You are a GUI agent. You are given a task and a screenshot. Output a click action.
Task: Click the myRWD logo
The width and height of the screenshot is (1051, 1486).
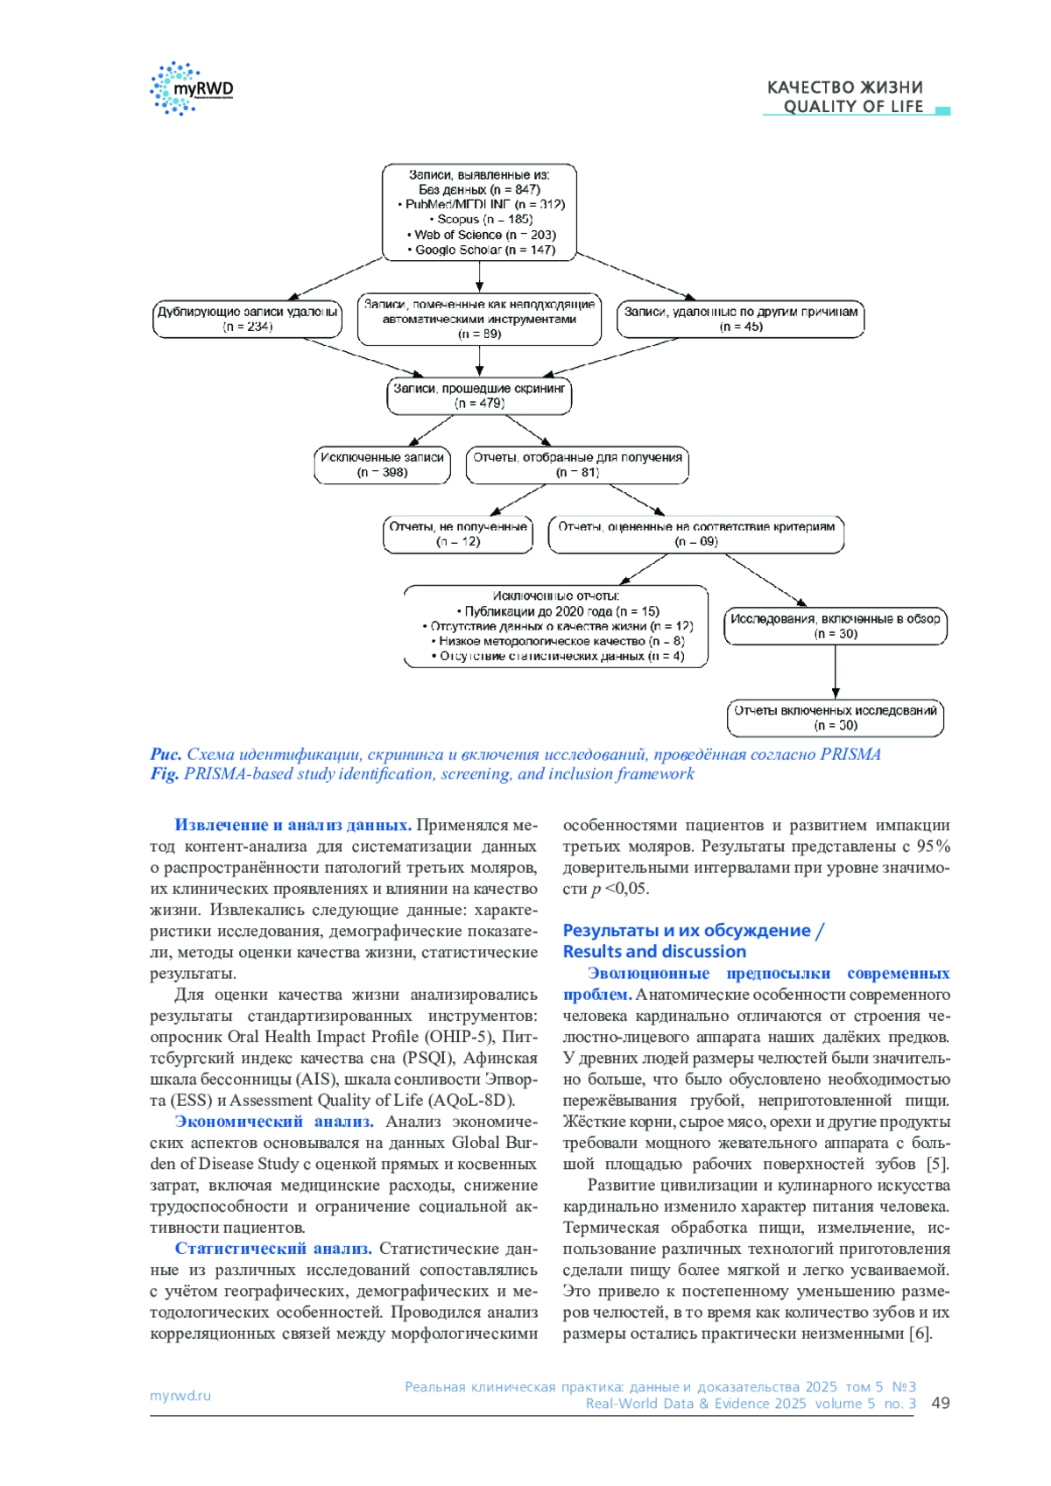tap(192, 88)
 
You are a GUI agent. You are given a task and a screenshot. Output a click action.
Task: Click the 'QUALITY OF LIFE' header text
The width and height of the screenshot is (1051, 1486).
tap(853, 107)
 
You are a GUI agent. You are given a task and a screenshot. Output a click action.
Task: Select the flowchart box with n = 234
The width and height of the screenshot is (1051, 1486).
tap(247, 319)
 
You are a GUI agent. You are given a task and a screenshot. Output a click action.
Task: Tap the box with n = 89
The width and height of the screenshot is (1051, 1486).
tap(479, 319)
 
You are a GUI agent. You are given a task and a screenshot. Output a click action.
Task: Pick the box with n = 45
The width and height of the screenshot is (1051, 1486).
tap(740, 319)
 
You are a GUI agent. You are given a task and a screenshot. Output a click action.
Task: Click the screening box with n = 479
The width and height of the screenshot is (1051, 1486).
tap(479, 396)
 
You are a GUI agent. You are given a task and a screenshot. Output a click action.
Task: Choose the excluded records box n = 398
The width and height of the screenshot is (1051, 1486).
tap(382, 465)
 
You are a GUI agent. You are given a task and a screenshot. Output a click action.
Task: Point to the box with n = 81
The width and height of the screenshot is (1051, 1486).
tap(577, 465)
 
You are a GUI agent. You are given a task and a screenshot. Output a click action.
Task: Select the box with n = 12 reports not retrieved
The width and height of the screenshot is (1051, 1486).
tap(458, 534)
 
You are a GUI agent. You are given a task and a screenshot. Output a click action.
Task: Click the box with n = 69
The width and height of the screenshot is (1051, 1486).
tap(696, 534)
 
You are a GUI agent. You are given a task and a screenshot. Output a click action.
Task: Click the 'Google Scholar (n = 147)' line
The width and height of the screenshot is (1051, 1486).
tap(480, 250)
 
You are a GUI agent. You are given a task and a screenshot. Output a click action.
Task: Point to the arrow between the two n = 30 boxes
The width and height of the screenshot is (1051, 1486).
tap(836, 672)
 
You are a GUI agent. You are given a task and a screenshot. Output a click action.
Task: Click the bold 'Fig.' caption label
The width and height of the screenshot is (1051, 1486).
tap(164, 774)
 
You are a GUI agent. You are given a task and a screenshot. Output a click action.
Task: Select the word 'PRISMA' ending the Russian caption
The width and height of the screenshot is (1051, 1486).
tap(850, 755)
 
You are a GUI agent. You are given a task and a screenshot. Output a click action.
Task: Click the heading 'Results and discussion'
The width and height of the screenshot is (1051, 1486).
tap(654, 952)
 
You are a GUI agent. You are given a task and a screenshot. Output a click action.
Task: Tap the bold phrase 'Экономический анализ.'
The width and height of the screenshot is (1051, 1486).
tap(274, 1122)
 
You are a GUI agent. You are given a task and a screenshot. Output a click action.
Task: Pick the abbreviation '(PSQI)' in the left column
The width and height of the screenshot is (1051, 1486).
tap(429, 1058)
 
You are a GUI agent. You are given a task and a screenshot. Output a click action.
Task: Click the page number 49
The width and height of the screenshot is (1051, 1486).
tap(941, 1403)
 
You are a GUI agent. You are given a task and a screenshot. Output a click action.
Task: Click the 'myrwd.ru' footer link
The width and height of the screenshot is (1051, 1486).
tap(180, 1396)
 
